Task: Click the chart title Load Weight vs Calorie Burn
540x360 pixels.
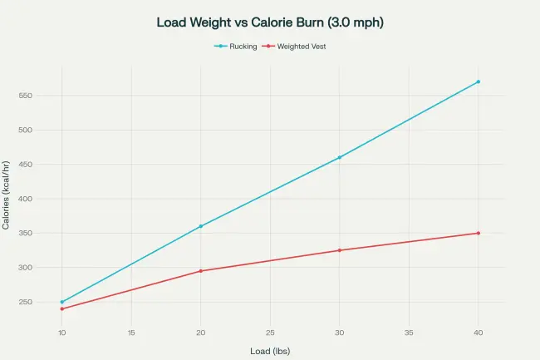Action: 270,22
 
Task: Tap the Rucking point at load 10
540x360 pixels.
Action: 61,302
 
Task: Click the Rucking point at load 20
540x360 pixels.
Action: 200,226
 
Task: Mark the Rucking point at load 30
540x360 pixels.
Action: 339,157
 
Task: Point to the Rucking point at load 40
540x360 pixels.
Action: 478,81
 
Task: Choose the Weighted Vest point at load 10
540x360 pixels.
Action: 61,308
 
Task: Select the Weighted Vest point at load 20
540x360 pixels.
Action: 200,271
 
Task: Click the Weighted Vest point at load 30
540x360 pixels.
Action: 339,250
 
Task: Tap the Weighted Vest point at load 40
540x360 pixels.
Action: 478,233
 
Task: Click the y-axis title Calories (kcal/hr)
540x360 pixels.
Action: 7,196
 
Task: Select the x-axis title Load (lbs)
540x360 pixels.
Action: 270,351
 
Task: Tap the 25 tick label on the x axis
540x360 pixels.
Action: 270,333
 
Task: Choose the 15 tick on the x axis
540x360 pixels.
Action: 131,333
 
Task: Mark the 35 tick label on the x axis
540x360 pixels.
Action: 409,333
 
